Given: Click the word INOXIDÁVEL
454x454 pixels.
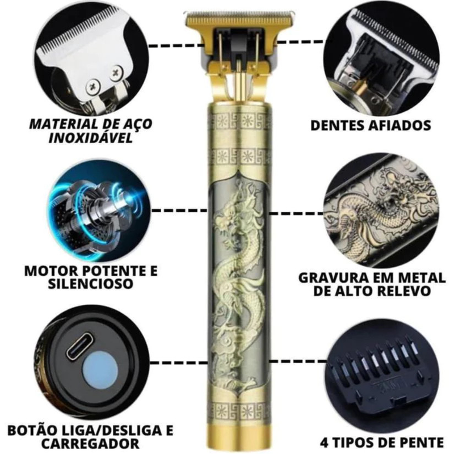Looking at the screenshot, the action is pyautogui.click(x=91, y=138).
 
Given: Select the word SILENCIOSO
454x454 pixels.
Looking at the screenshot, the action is pyautogui.click(x=90, y=283).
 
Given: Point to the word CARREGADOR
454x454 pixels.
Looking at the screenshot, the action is pyautogui.click(x=91, y=443).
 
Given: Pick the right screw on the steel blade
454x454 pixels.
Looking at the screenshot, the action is pyautogui.click(x=117, y=72).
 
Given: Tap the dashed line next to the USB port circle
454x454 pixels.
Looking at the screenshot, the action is pyautogui.click(x=179, y=363).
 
